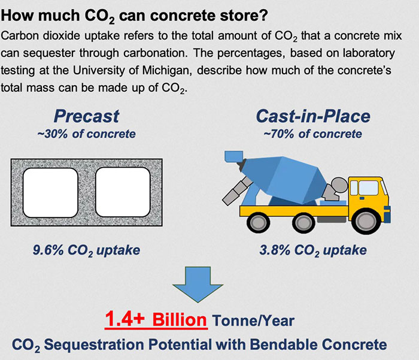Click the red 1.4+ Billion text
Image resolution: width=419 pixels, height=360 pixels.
click(x=156, y=320)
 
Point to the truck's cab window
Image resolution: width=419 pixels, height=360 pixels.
click(x=367, y=187)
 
